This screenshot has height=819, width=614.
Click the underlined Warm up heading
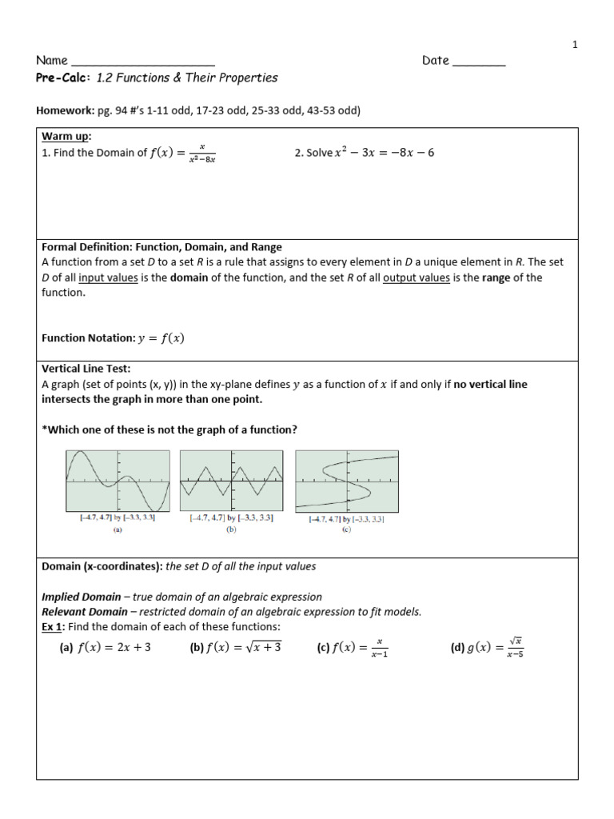click(x=66, y=136)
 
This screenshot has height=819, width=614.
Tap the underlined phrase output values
click(x=416, y=278)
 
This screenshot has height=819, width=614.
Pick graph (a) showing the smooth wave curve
click(x=118, y=481)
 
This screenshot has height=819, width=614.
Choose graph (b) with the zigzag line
click(x=232, y=481)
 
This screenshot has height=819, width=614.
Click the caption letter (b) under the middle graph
click(x=232, y=529)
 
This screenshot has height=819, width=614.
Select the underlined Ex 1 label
click(x=52, y=626)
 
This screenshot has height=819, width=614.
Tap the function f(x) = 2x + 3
click(x=114, y=648)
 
